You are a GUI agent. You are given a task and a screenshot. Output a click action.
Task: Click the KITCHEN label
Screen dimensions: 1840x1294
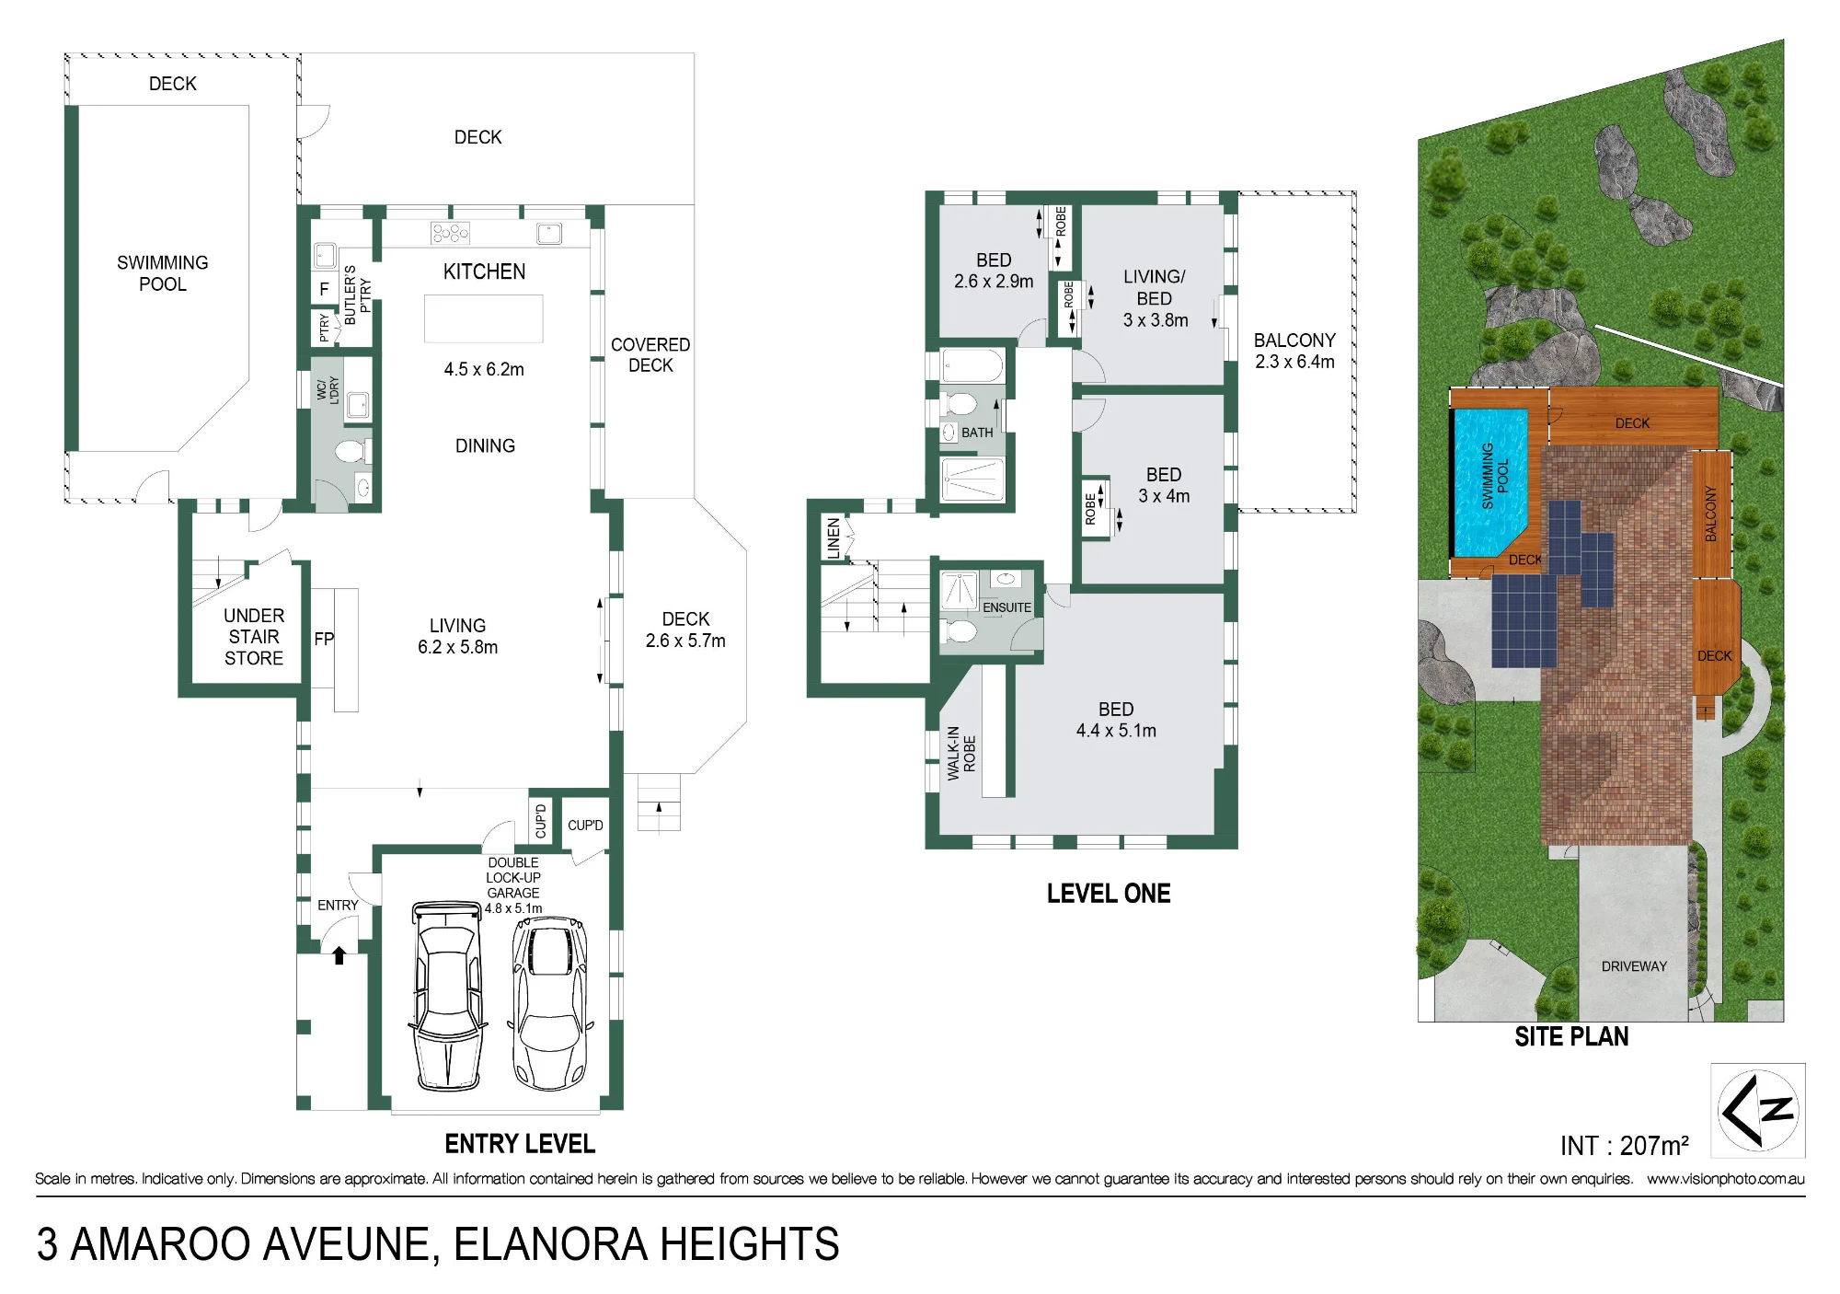[484, 272]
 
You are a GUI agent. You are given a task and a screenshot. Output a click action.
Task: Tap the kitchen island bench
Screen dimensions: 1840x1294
[484, 318]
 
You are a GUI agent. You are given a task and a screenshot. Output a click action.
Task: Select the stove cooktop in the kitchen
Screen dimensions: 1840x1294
[450, 233]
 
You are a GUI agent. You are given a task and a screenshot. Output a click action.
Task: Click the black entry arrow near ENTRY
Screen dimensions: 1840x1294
[339, 955]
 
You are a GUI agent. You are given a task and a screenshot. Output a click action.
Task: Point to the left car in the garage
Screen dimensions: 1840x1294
[447, 995]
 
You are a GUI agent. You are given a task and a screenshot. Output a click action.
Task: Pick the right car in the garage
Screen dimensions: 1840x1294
[549, 1002]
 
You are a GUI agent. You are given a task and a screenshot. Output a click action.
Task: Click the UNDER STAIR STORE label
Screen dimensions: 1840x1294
[254, 637]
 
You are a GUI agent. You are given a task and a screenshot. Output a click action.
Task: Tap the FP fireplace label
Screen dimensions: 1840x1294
[324, 639]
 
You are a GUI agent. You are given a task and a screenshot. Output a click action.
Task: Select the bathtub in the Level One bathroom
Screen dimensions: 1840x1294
[972, 365]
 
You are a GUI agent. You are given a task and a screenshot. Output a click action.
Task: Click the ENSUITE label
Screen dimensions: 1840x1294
[1006, 607]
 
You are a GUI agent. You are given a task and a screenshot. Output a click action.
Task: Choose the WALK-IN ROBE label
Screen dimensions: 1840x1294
[961, 753]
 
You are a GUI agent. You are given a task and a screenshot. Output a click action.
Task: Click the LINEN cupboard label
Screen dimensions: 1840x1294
[834, 538]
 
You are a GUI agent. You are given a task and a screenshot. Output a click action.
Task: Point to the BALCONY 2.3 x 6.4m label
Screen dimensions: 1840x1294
[1294, 351]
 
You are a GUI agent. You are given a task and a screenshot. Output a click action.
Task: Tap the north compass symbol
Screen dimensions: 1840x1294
[1757, 1110]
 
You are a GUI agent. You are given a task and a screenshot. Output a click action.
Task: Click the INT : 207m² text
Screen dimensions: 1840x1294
[1625, 1146]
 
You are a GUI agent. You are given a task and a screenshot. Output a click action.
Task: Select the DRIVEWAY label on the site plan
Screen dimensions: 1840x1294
[1634, 966]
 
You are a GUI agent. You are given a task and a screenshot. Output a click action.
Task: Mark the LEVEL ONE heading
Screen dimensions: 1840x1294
[1109, 894]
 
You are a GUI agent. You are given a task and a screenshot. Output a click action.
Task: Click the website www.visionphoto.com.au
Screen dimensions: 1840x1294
[1726, 1179]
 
